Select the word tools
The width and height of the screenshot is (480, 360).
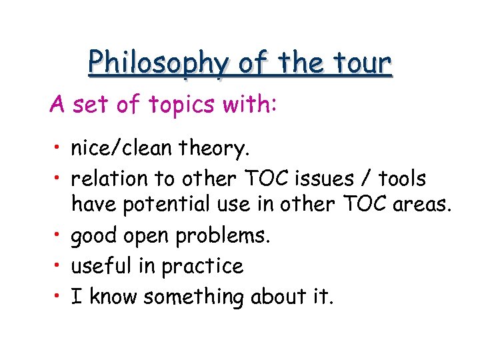[x=403, y=178]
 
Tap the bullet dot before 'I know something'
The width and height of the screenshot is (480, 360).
[x=59, y=295]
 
